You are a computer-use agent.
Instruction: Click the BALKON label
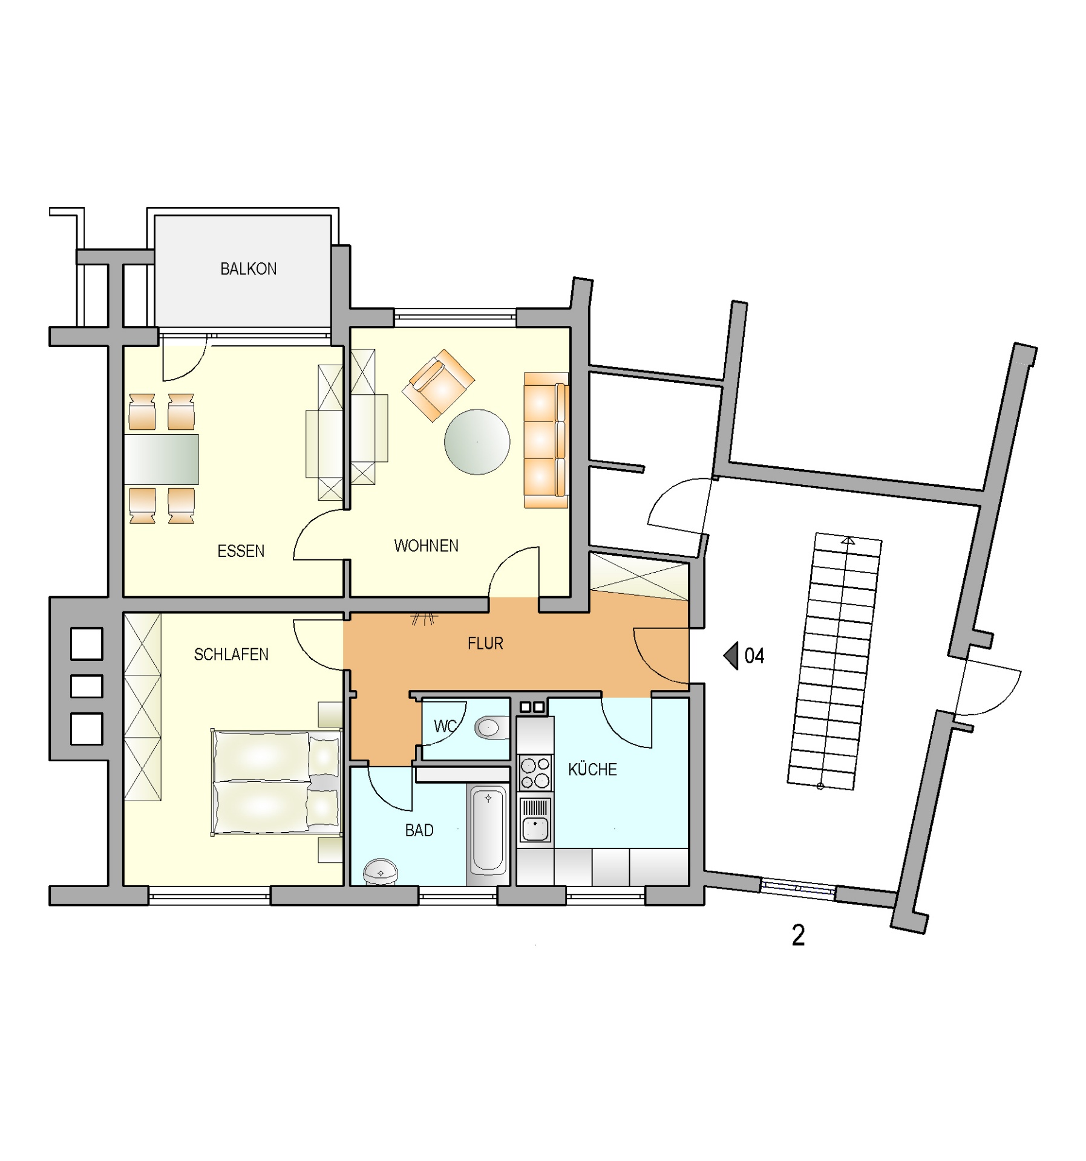click(248, 269)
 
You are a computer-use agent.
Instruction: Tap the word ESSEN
click(241, 551)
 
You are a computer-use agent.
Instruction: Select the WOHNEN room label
click(426, 546)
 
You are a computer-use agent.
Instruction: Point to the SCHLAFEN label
click(231, 654)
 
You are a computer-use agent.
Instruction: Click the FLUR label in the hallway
click(485, 643)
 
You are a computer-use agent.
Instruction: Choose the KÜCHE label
click(592, 769)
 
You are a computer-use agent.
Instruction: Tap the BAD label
click(419, 830)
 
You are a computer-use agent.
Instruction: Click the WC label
click(445, 726)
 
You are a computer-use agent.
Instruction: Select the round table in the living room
click(477, 442)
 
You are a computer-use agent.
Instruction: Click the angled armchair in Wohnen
click(438, 385)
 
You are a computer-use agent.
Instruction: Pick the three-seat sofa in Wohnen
click(546, 440)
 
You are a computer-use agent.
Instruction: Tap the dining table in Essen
click(162, 459)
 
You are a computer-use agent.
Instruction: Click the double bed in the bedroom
click(276, 782)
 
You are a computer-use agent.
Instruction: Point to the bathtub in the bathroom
click(488, 830)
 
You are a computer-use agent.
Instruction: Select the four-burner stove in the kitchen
click(535, 773)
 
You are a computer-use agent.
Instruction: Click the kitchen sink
click(535, 820)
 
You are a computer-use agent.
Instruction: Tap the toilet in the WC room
click(492, 728)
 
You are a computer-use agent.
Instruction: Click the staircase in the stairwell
click(835, 661)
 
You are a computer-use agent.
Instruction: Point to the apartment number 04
click(754, 656)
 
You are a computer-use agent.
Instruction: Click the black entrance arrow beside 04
click(731, 655)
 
